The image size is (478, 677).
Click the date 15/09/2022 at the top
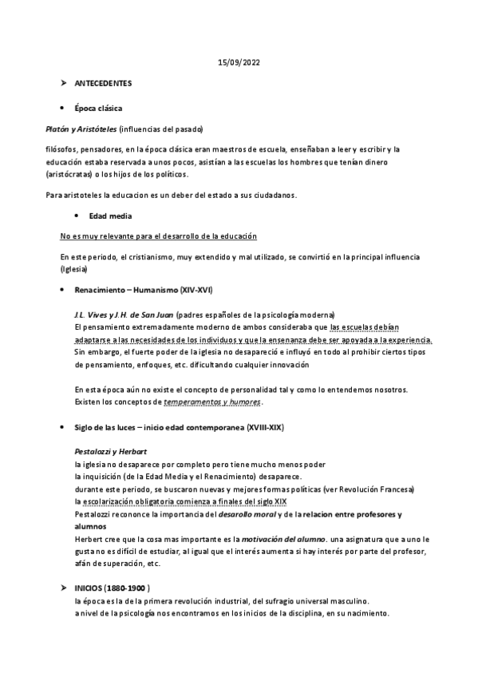(239, 61)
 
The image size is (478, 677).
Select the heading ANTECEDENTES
(103, 84)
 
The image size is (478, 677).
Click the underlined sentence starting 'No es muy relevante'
(158, 236)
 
